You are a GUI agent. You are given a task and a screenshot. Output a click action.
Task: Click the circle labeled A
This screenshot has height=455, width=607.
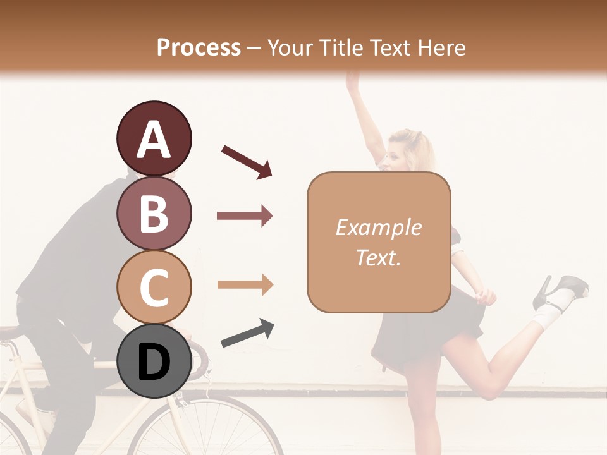point(154,139)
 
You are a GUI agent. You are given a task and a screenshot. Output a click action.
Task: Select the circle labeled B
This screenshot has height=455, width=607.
point(154,213)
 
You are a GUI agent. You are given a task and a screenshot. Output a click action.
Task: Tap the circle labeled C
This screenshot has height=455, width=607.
point(154,287)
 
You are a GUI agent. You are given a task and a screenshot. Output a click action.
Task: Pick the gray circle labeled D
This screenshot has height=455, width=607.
point(154,361)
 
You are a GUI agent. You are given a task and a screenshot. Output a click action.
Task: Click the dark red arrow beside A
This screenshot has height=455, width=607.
point(247,161)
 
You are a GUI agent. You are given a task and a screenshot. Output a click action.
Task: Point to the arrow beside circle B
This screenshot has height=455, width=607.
point(245,216)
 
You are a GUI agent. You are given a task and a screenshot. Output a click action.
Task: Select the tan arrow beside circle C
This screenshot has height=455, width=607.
point(245,284)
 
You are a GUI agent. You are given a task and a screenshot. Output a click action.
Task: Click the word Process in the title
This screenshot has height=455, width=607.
point(199,47)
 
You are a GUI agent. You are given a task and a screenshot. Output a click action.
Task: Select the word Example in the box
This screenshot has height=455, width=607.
point(378,227)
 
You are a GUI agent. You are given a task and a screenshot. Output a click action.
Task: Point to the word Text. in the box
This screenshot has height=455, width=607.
point(378,257)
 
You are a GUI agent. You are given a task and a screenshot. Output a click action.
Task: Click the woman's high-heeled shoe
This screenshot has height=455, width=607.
point(560,291)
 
